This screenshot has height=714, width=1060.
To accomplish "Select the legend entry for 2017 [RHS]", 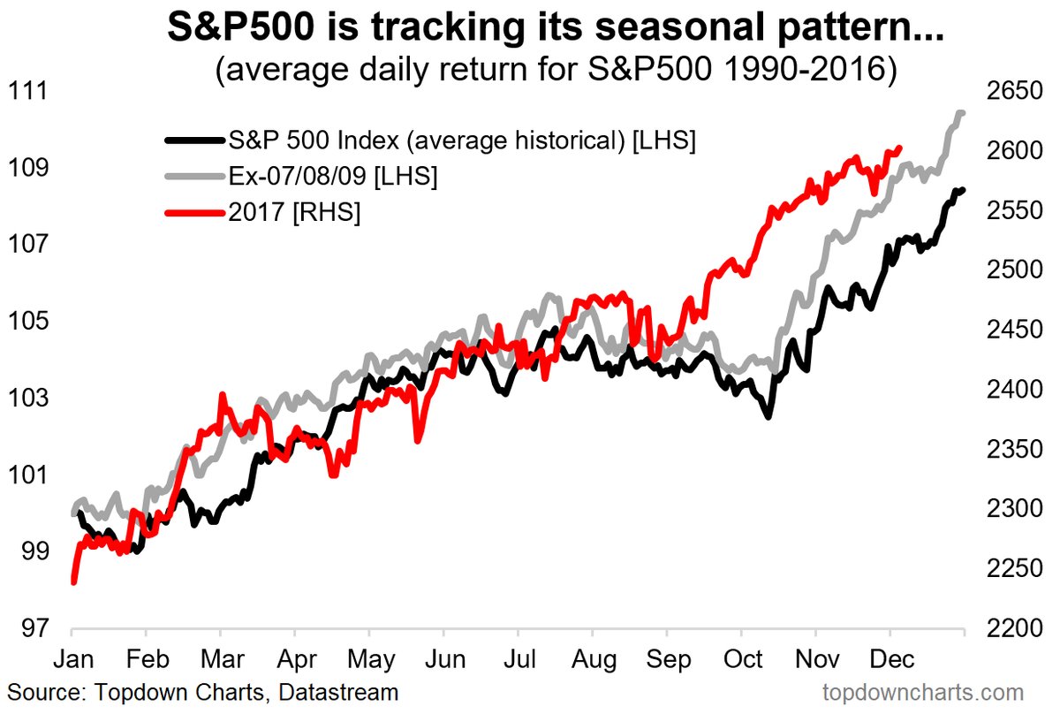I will click(295, 213).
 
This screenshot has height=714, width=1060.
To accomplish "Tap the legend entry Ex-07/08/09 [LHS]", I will click(333, 176).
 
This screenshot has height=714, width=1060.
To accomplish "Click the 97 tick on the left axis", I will click(29, 629).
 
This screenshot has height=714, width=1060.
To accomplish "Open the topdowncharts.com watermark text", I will click(922, 692).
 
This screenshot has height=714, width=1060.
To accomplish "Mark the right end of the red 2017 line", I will click(899, 148).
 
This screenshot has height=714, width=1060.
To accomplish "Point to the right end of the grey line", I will click(962, 112).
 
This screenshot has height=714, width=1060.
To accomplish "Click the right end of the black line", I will click(962, 189).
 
